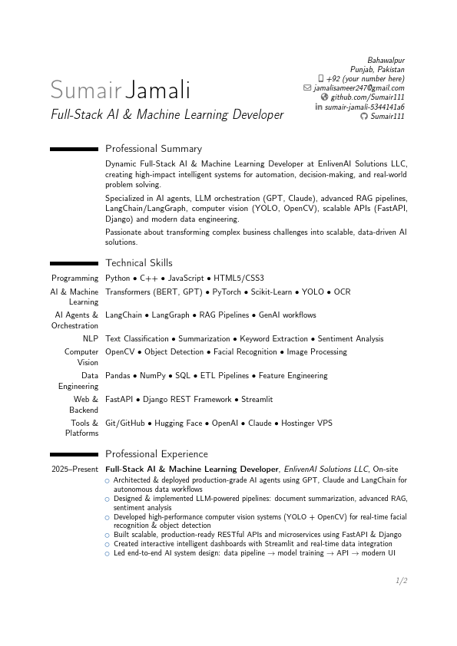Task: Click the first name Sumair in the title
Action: (x=85, y=90)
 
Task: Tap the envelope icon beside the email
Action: (x=307, y=88)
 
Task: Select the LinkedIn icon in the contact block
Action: (x=319, y=107)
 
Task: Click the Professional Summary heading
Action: (x=154, y=149)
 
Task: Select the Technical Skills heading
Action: (x=139, y=263)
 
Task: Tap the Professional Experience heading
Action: (x=157, y=454)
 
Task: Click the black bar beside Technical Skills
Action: (x=74, y=263)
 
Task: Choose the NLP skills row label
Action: (x=91, y=338)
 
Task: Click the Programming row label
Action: (x=75, y=278)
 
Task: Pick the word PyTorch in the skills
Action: (x=227, y=292)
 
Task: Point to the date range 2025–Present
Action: (x=75, y=469)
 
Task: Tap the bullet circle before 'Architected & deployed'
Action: (x=108, y=480)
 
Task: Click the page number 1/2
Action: (x=401, y=582)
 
